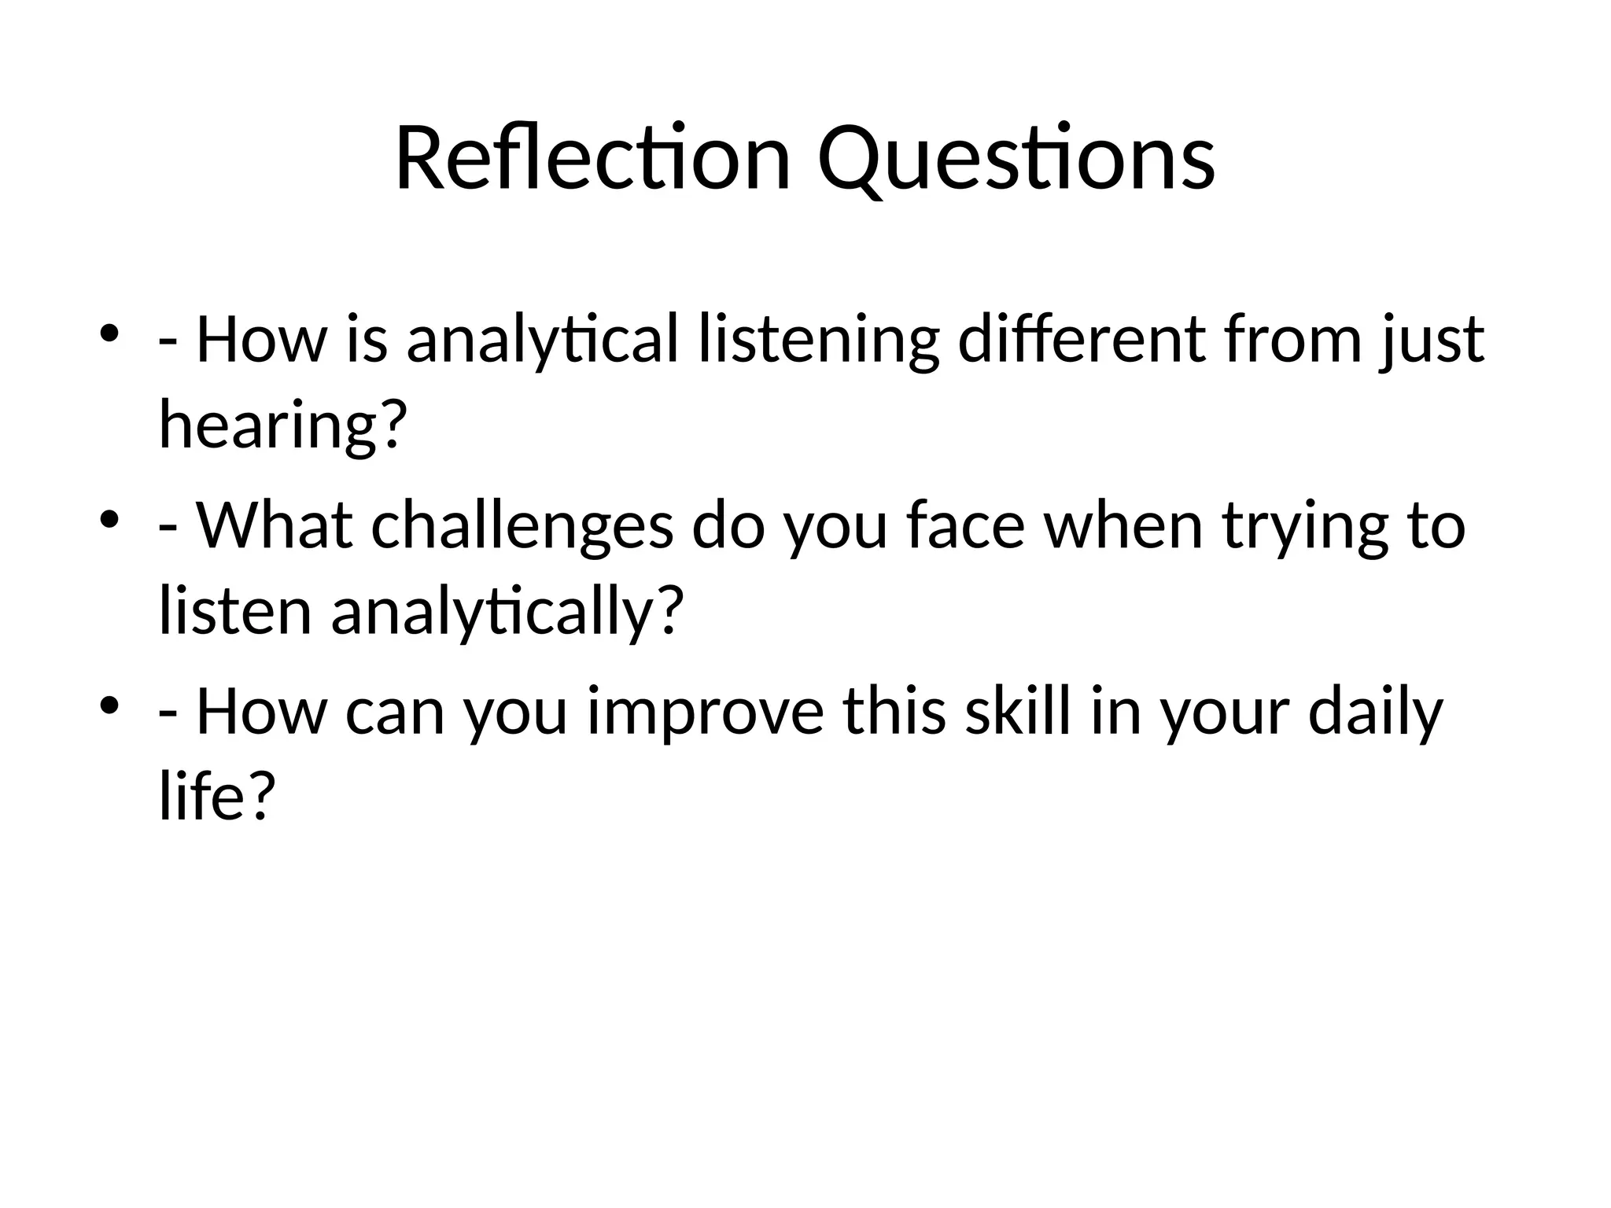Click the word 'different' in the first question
1081,340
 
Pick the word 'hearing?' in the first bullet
282,425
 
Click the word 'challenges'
522,525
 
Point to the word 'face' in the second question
965,525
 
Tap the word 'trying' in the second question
1305,525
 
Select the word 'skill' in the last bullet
1018,711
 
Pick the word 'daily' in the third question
1375,711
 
